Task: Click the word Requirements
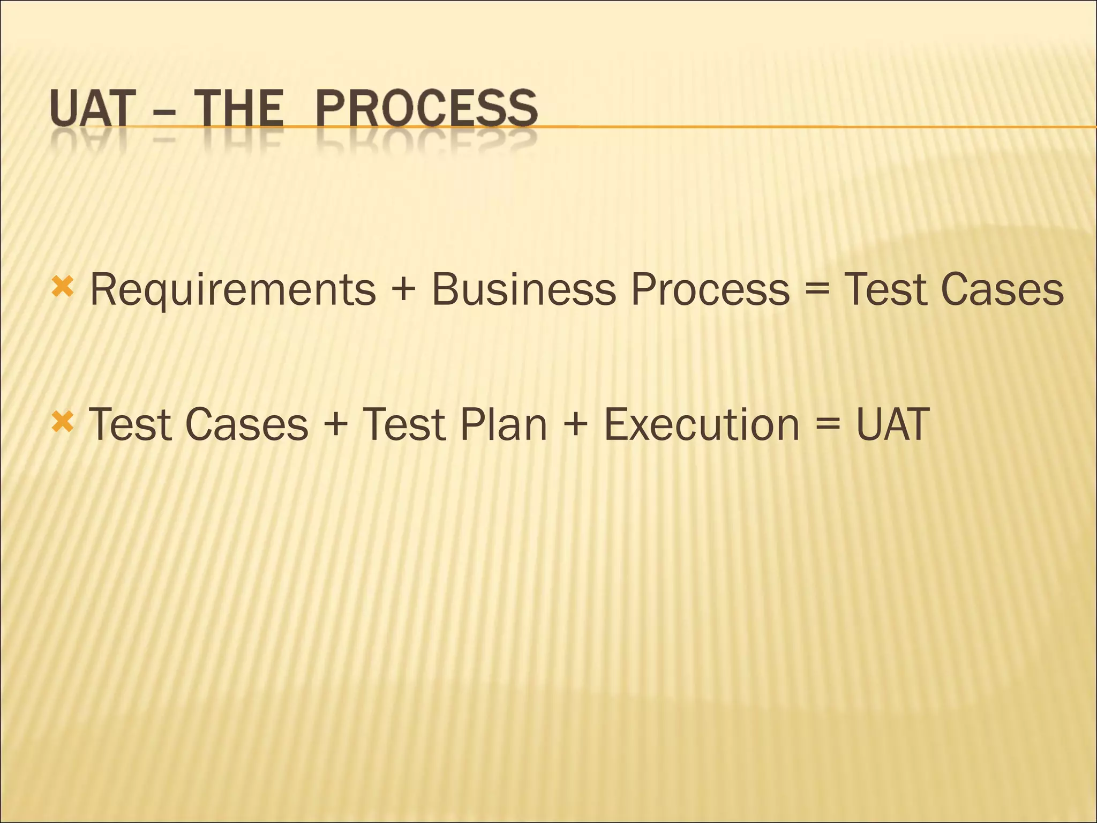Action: pyautogui.click(x=233, y=290)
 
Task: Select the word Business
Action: pyautogui.click(x=523, y=289)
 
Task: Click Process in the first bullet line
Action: pyautogui.click(x=710, y=289)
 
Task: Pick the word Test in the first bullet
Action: pyautogui.click(x=885, y=289)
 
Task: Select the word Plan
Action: pyautogui.click(x=503, y=424)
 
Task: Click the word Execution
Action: pyautogui.click(x=702, y=424)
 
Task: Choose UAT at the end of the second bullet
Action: pyautogui.click(x=893, y=424)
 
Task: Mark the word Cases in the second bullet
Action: pyautogui.click(x=247, y=424)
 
